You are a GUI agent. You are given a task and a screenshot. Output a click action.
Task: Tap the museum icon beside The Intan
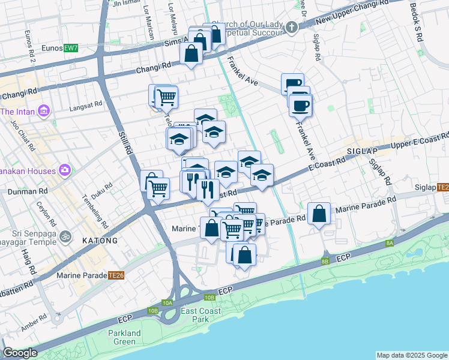coord(43,111)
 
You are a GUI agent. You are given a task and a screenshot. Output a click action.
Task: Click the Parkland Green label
coord(124,337)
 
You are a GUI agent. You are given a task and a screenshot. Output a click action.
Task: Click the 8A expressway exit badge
coord(390,242)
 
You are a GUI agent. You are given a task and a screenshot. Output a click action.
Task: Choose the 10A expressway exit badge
coord(167,303)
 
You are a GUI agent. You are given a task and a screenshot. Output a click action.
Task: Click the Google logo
coord(20,353)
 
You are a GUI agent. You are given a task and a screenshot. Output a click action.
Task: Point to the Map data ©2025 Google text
coord(412,355)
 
